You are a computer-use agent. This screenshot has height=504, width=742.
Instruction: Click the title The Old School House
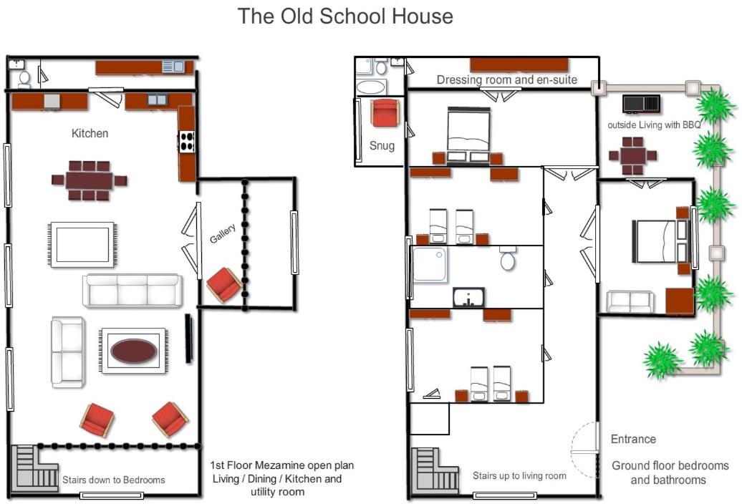coord(345,16)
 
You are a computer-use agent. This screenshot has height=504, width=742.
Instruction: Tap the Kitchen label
coord(90,133)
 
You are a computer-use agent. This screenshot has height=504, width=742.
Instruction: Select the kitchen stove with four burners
coord(187,141)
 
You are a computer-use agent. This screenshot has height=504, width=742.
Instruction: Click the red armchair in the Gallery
coord(224,285)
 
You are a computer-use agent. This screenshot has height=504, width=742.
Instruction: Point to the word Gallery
coord(223,233)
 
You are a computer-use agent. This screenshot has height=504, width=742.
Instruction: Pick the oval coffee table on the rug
coord(133,351)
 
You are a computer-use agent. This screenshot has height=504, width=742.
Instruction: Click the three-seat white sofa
coord(132,290)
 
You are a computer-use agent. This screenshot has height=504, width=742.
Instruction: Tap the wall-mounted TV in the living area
coord(188,338)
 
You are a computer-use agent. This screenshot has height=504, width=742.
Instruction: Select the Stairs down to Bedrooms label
coord(114,480)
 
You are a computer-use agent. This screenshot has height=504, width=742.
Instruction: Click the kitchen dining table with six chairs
coord(90,180)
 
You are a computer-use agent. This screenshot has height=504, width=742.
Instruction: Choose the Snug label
coord(382,145)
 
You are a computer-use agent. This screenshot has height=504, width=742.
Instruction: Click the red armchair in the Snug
coord(385,113)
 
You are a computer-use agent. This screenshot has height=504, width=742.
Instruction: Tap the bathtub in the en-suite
coord(372,87)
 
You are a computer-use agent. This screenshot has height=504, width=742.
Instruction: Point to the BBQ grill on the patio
coord(641,104)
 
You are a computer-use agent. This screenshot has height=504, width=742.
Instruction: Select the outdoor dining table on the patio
coord(632,155)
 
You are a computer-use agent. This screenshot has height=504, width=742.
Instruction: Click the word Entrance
coord(633,440)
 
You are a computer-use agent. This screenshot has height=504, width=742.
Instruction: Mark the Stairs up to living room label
coord(519,475)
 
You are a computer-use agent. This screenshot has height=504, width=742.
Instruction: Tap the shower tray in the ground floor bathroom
coord(430,264)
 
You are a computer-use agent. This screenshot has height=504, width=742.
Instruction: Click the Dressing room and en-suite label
coord(507,79)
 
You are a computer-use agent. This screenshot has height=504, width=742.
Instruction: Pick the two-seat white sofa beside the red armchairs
coord(68,352)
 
